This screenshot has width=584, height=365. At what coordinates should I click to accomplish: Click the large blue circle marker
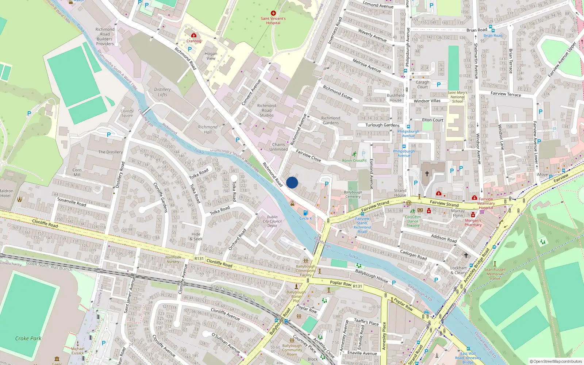(x=292, y=182)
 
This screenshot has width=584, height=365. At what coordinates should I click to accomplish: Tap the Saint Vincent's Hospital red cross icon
(x=273, y=13)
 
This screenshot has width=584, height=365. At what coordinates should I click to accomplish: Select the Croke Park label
(x=28, y=338)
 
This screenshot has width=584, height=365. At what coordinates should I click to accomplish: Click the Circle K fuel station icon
(x=305, y=213)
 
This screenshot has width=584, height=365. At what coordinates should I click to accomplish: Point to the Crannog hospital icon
(x=194, y=35)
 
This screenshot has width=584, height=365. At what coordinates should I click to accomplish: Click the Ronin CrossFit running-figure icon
(x=354, y=154)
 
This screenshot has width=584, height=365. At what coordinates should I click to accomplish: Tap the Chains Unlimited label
(x=278, y=147)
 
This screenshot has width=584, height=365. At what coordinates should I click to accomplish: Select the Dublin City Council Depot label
(x=272, y=221)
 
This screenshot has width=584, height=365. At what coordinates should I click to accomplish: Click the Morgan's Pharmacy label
(x=473, y=223)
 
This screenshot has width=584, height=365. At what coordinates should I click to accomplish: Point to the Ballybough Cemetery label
(x=353, y=194)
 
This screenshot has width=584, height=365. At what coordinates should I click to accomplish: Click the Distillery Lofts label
(x=162, y=92)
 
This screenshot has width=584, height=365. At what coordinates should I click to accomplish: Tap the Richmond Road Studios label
(x=267, y=110)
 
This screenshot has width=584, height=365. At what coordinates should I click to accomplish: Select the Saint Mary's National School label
(x=457, y=97)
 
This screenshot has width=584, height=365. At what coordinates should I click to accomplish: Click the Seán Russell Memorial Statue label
(x=495, y=274)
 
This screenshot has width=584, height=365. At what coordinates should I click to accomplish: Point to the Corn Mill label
(x=77, y=172)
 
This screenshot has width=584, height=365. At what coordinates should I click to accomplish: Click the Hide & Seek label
(x=196, y=237)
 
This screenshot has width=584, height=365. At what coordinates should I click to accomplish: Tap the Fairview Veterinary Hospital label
(x=486, y=203)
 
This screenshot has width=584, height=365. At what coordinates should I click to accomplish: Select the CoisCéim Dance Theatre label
(x=413, y=221)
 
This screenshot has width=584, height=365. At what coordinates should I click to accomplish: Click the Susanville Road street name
(x=72, y=202)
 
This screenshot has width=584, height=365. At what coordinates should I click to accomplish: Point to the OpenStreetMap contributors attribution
(x=556, y=361)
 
